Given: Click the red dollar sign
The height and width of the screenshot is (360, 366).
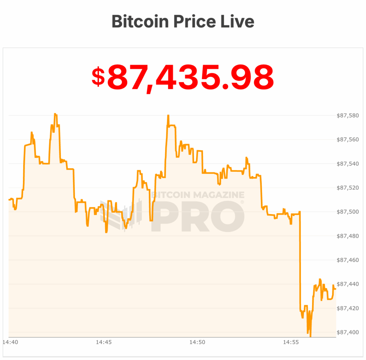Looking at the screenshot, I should [x=98, y=77].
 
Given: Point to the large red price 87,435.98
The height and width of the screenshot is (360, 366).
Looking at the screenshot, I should [x=191, y=77].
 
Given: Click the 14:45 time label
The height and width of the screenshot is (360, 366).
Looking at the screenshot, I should [x=104, y=342].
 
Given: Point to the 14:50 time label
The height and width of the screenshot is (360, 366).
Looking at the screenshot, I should [x=197, y=342].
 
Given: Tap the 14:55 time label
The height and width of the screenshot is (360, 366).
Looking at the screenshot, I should [x=291, y=342].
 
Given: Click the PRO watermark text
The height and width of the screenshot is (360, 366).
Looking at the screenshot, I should [x=199, y=216].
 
